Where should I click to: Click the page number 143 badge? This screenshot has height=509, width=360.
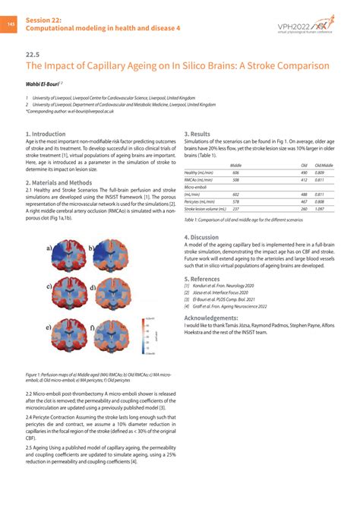click(x=11, y=24)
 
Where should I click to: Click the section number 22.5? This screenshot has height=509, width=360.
click(x=32, y=55)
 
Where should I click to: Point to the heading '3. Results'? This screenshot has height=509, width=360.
click(x=197, y=134)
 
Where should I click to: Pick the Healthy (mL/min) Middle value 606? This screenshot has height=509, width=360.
click(x=236, y=172)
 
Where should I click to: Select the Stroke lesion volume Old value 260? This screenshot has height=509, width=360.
click(x=304, y=208)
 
